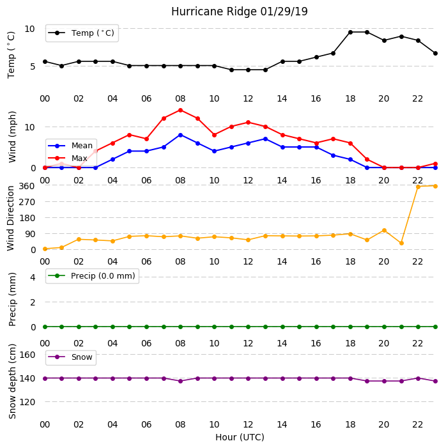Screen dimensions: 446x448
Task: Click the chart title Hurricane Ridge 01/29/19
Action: (240, 12)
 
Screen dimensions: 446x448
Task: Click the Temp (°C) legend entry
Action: (82, 33)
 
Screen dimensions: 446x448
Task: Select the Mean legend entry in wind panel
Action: (71, 146)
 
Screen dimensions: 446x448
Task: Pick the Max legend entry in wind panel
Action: (68, 158)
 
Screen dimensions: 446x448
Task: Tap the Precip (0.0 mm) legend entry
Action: (92, 275)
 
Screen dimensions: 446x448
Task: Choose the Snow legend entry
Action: (71, 357)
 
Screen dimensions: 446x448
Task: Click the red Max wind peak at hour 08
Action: (180, 111)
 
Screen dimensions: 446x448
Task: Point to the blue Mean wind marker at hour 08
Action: (180, 135)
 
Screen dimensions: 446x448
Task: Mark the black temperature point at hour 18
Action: (350, 33)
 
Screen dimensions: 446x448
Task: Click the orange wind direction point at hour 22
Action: (418, 187)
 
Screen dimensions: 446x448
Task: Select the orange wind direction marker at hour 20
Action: (384, 230)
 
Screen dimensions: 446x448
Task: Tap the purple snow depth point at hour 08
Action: (180, 381)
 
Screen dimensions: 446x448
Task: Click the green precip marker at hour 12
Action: (248, 327)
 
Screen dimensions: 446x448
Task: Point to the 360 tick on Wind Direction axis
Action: (27, 186)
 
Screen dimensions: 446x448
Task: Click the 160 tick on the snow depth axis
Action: (27, 355)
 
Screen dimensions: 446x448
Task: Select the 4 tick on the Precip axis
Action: (33, 277)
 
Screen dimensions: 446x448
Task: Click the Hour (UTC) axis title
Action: (240, 437)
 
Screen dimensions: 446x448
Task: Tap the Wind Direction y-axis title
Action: (11, 219)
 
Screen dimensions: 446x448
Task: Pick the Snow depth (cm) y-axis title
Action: (12, 382)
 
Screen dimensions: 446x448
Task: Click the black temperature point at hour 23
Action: (435, 54)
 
